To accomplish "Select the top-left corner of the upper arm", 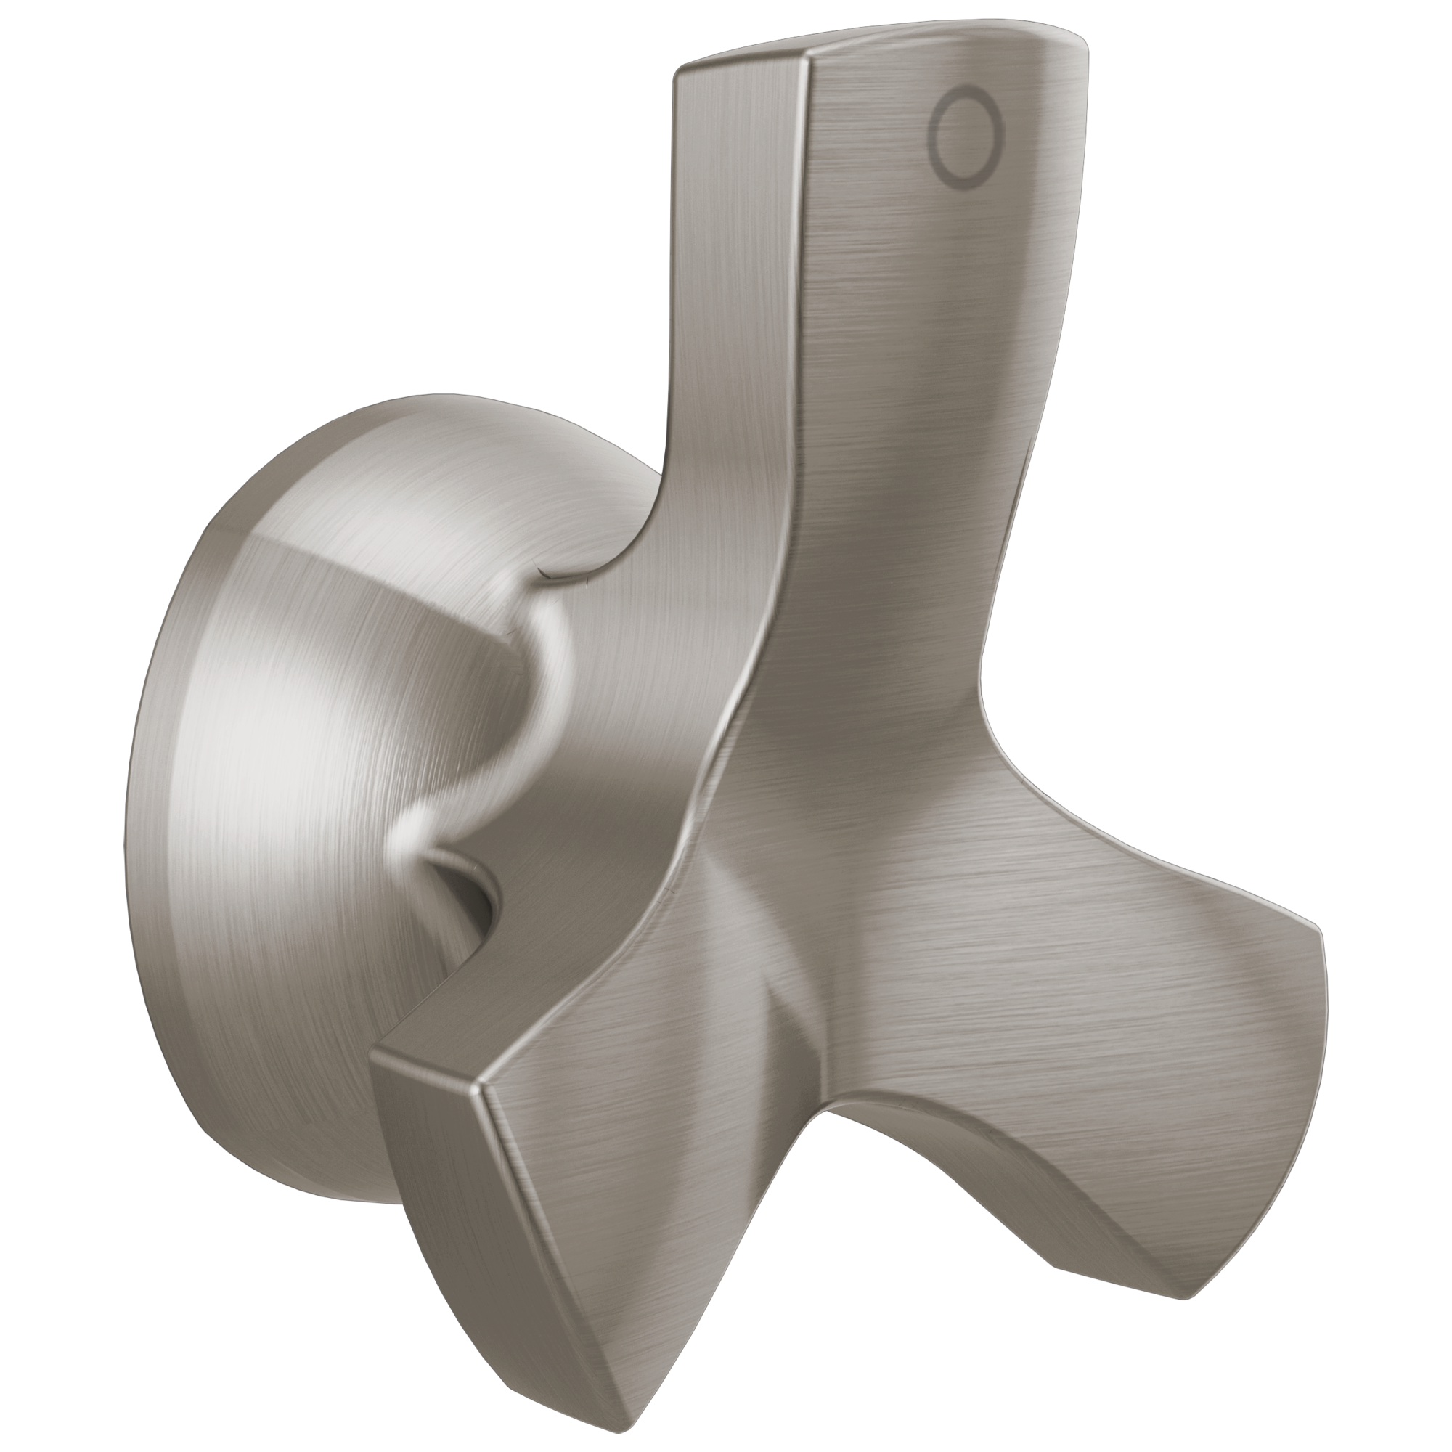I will pyautogui.click(x=679, y=71).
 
